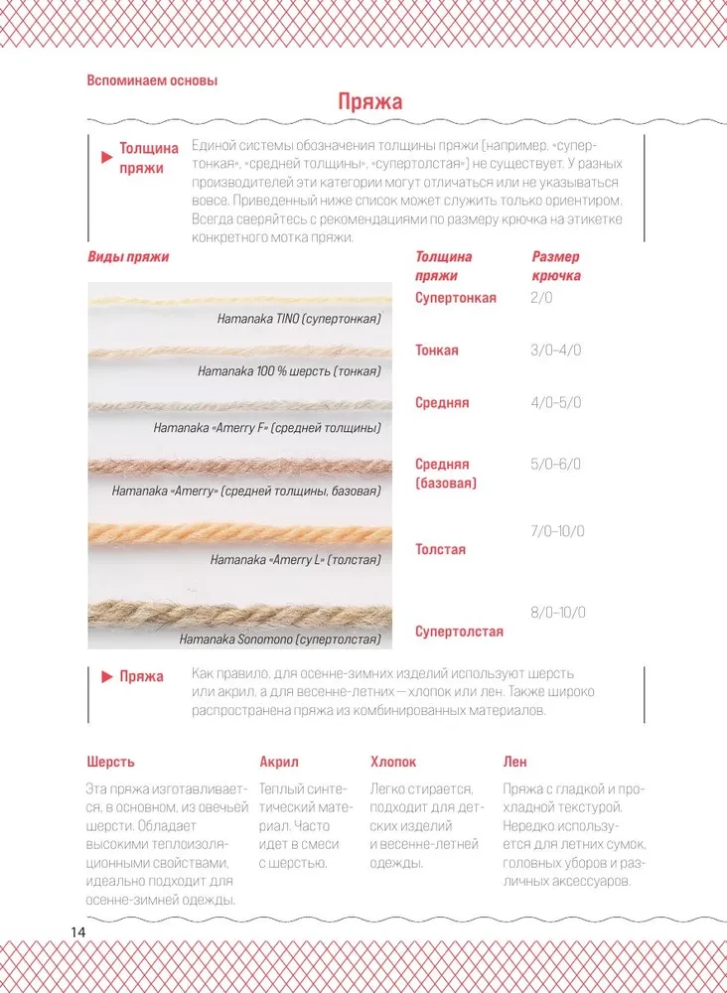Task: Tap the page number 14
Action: point(78,933)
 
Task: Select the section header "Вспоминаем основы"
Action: point(151,80)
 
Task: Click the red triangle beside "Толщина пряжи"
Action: point(106,158)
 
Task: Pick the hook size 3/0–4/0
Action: point(556,351)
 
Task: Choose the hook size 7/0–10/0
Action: point(558,532)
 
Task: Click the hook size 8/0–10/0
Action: point(558,612)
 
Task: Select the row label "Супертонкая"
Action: point(456,298)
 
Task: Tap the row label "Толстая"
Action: point(440,549)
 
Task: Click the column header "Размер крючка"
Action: point(556,266)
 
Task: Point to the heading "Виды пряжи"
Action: point(128,257)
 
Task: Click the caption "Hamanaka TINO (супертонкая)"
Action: point(299,319)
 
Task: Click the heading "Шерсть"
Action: point(110,762)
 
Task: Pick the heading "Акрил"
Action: point(279,762)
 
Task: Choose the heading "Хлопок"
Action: point(393,762)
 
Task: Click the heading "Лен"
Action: point(514,762)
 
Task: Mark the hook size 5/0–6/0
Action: point(556,464)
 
